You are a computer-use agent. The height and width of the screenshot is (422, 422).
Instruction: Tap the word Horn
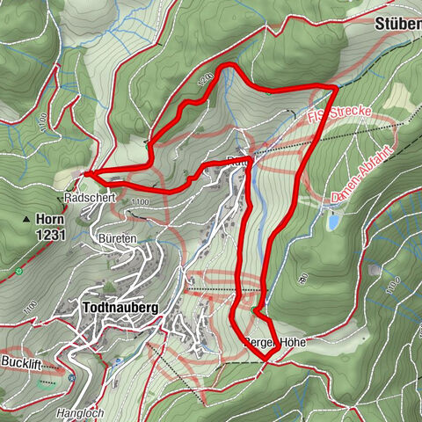48,219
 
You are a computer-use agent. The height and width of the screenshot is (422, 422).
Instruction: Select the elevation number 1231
51,234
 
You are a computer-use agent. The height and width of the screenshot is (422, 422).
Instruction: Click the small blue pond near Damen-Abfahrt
334,222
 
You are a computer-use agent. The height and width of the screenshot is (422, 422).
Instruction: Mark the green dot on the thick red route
254,310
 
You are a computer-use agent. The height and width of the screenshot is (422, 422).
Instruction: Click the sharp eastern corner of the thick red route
335,87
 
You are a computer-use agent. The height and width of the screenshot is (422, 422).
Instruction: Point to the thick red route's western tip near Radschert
87,173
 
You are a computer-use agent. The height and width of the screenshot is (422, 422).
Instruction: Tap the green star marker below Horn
18,270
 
